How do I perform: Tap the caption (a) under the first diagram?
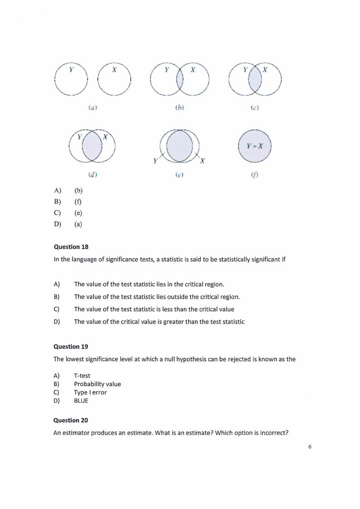coord(92,108)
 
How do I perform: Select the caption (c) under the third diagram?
coord(255,108)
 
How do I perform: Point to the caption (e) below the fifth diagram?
coord(180,174)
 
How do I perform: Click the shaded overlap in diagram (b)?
coord(180,80)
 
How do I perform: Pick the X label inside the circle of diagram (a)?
coord(114,70)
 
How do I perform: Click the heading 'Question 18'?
coord(71,247)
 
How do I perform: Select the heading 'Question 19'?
coord(71,347)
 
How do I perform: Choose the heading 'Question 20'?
coord(71,420)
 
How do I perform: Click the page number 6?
coord(310,447)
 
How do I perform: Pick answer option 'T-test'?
coord(82,376)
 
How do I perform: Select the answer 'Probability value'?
coord(97,384)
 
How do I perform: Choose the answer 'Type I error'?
coord(90,392)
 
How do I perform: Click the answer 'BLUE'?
coord(81,401)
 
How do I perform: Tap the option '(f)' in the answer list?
coord(78,201)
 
